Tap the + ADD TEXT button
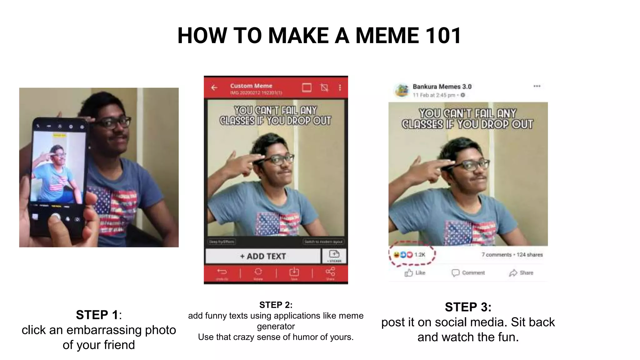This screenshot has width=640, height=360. click(x=263, y=256)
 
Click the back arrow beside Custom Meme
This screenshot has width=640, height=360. click(x=214, y=88)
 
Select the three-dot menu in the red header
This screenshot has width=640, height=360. click(x=340, y=88)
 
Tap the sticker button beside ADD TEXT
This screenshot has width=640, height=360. click(x=334, y=256)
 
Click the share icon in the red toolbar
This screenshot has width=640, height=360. click(x=330, y=273)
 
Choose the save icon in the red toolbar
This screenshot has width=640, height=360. click(x=294, y=273)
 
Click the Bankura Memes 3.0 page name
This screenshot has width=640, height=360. click(x=442, y=87)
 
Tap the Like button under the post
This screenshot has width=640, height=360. click(x=415, y=273)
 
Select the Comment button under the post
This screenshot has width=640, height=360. click(x=468, y=273)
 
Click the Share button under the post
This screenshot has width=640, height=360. click(x=521, y=273)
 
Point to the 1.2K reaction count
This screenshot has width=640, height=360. click(x=420, y=255)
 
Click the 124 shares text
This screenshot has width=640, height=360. click(x=530, y=255)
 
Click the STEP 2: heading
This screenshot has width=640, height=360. click(x=276, y=305)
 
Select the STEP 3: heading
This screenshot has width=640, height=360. click(x=468, y=307)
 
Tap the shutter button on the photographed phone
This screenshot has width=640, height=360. click(x=56, y=217)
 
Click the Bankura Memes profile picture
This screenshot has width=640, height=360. click(x=402, y=90)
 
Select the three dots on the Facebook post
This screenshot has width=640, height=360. click(x=537, y=86)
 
